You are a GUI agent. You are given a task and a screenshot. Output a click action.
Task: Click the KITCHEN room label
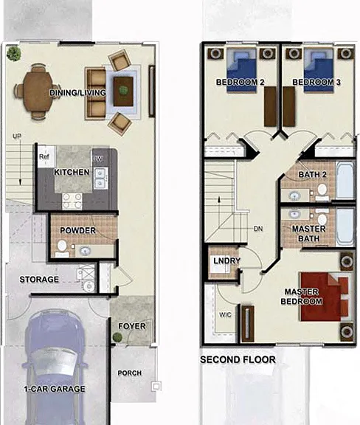[x=72, y=172]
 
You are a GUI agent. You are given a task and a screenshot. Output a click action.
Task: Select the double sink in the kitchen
[x=101, y=178]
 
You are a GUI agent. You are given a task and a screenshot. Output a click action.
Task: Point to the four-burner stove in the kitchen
[x=72, y=201]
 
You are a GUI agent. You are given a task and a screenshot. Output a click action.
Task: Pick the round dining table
[x=38, y=91]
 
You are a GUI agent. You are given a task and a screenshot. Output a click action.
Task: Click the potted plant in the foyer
[x=117, y=337]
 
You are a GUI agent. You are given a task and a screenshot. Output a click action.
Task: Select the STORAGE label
[x=39, y=280]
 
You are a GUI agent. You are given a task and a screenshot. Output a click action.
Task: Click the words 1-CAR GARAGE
[x=55, y=389]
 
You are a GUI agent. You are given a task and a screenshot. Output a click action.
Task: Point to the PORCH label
[x=130, y=373]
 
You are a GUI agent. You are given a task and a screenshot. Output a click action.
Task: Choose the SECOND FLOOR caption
[x=238, y=359]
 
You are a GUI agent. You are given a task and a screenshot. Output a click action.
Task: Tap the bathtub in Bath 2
[x=345, y=180]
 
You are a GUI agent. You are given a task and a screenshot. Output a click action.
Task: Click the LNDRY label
[x=227, y=260]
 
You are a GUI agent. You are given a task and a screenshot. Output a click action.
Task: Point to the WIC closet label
[x=225, y=314]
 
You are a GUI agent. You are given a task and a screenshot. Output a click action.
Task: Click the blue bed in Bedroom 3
[x=318, y=71]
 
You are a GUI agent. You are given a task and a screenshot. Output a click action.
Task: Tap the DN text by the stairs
[x=258, y=229]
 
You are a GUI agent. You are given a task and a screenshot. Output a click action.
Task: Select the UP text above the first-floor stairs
[x=17, y=136]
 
